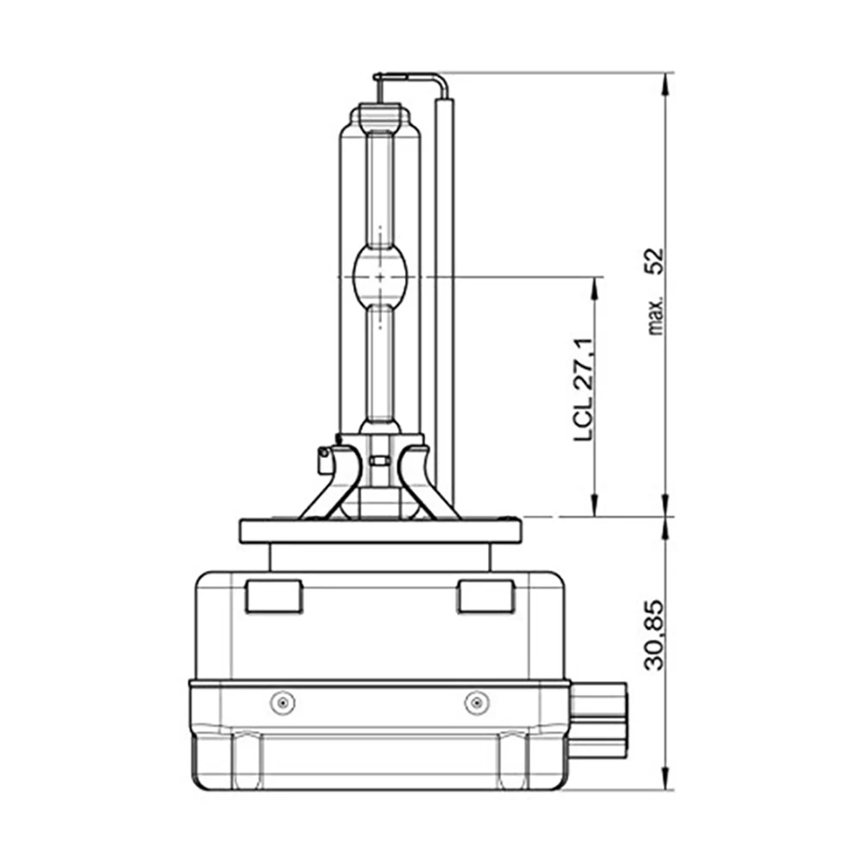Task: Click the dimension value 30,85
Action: (x=654, y=635)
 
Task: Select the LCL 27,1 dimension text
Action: (x=584, y=389)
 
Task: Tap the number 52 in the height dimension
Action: (x=654, y=261)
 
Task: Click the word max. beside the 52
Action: (x=656, y=316)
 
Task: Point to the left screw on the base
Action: (x=282, y=703)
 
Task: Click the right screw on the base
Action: (x=477, y=703)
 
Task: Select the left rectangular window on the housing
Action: (x=273, y=596)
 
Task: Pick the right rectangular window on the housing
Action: (x=486, y=596)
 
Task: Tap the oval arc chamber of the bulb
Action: (x=380, y=277)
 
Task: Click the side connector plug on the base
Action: (x=597, y=720)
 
